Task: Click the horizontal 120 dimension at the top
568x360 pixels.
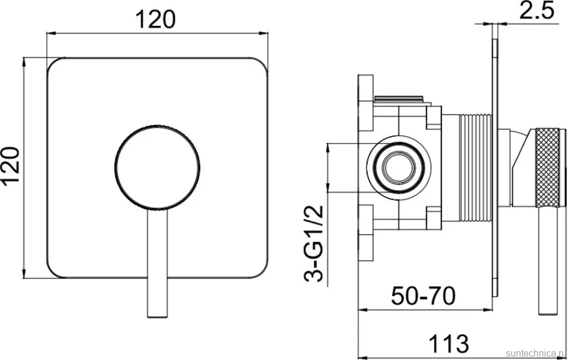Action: point(155,19)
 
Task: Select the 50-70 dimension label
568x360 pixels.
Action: point(423,296)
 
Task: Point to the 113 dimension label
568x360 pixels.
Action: point(449,342)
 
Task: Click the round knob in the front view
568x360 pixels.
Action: point(157,167)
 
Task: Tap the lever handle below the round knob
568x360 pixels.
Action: point(158,263)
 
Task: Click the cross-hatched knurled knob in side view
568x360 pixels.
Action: point(547,167)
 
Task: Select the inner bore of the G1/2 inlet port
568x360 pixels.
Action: point(398,167)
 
